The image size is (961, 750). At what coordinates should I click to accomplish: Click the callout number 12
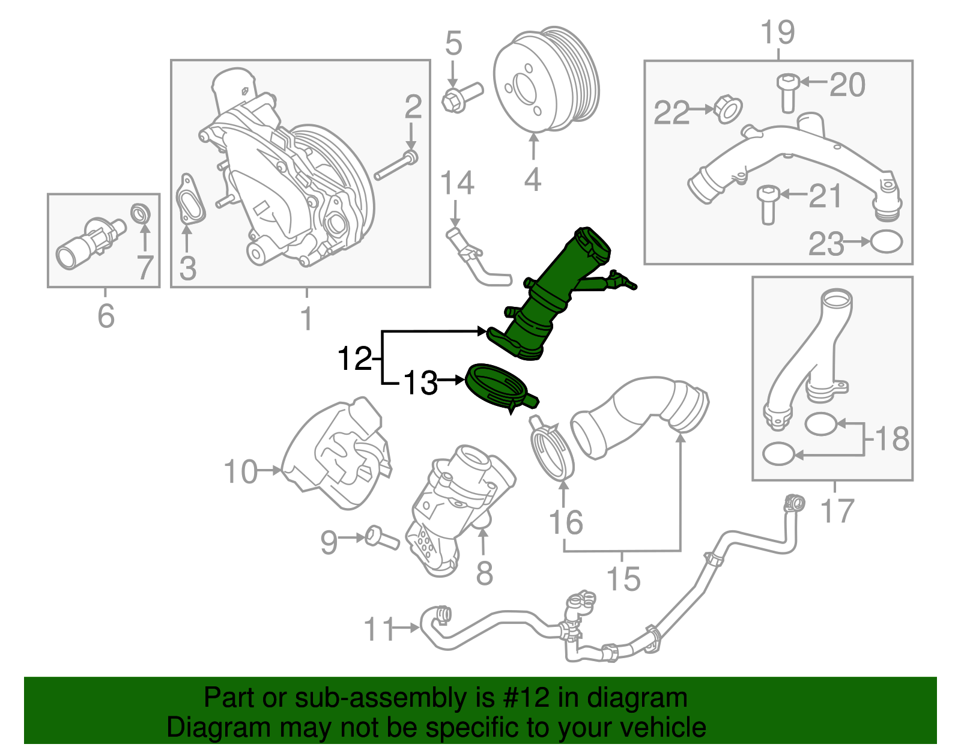click(x=354, y=359)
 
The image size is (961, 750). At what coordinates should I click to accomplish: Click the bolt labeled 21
click(x=768, y=204)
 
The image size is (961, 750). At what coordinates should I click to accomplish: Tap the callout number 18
click(x=893, y=439)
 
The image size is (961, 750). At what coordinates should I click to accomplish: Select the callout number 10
click(x=240, y=472)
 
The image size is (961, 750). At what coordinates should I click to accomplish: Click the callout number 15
click(x=623, y=579)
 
